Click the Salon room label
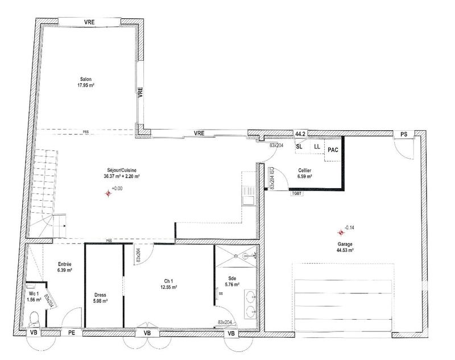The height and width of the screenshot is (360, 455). coord(85,79)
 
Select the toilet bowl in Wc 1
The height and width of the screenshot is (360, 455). coord(34,316)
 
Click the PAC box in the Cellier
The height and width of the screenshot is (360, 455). coord(333,150)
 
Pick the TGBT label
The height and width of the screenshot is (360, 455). coord(297,193)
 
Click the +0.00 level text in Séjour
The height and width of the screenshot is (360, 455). coord(117,188)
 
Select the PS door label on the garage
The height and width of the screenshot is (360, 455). coord(404,134)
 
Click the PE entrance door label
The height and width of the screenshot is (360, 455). coord(72,333)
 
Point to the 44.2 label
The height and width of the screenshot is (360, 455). coord(300,134)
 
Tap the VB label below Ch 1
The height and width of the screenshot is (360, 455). coord(147,333)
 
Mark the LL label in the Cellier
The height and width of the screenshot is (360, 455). coord(317,146)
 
